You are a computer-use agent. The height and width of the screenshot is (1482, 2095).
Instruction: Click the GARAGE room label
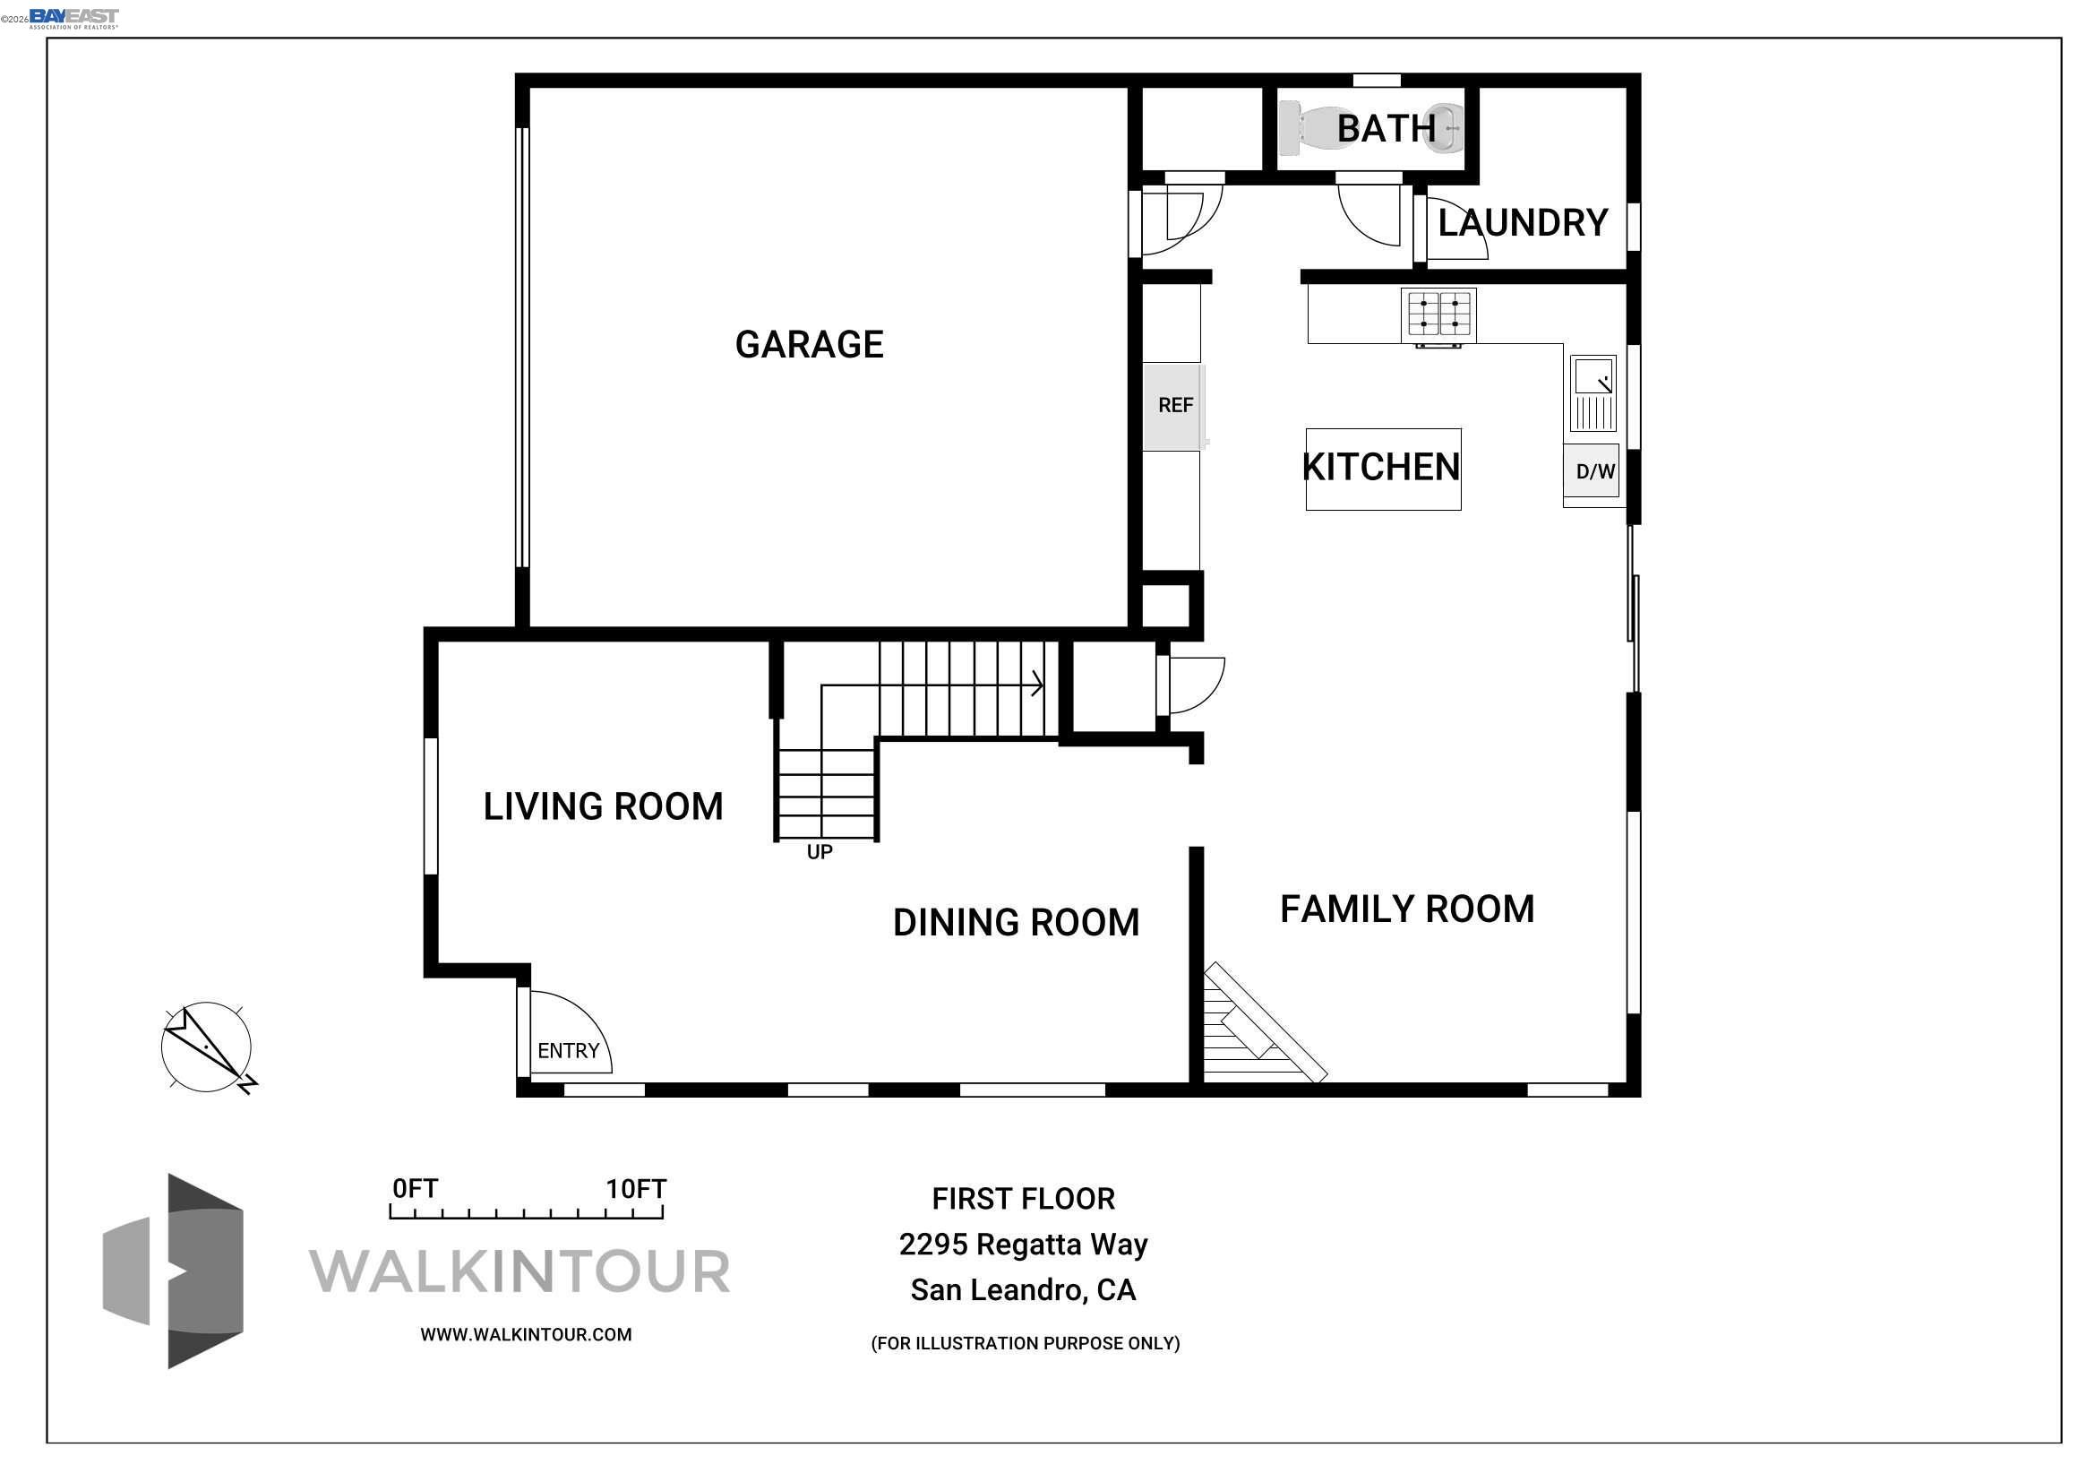coord(810,345)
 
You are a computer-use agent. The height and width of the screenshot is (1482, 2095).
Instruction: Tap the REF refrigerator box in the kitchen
coord(1174,405)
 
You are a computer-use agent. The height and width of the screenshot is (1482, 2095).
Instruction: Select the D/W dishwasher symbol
coord(1594,472)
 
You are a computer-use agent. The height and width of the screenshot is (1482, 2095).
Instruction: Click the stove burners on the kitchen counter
coord(1439,314)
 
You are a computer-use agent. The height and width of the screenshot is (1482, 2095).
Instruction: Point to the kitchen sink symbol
coord(1593,393)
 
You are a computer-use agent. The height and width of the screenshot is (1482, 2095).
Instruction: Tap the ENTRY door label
coord(568,1050)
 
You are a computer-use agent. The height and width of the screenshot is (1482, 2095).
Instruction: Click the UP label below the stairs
coord(820,851)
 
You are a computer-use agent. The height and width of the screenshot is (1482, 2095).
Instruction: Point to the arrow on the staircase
coord(1036,684)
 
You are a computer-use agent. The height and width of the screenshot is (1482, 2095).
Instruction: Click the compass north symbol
coord(207,1047)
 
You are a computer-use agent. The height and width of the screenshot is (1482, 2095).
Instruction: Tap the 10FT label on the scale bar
coord(636,1189)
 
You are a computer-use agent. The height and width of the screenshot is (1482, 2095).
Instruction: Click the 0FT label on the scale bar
coord(416,1188)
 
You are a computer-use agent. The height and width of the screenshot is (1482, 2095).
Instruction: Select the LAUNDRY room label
coord(1522,224)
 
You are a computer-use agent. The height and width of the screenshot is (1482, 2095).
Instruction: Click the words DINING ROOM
coord(1016,923)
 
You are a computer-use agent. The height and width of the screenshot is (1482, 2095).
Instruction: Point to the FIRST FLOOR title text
coord(1023,1199)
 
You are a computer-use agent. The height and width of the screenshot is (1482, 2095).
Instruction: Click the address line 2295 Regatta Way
coord(1023,1245)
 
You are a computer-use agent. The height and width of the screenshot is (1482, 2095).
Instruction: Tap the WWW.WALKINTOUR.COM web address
coord(526,1334)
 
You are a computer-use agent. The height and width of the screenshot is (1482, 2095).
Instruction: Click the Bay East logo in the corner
coord(73,18)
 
